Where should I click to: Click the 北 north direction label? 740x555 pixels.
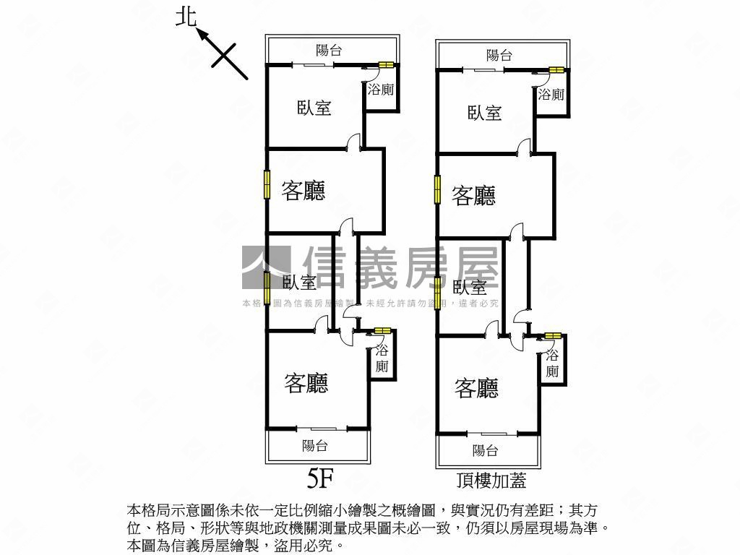click(x=186, y=17)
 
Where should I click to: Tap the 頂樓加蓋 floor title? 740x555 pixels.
click(x=491, y=480)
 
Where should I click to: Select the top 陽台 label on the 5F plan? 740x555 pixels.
click(x=329, y=50)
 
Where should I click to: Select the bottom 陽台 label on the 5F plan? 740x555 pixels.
click(x=315, y=446)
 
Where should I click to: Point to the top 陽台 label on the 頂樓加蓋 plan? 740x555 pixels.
click(x=499, y=55)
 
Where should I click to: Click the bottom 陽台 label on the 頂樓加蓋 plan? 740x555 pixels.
click(x=485, y=451)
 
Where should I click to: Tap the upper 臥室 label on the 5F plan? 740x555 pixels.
click(x=314, y=108)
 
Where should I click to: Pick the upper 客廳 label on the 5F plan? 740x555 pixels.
click(x=303, y=191)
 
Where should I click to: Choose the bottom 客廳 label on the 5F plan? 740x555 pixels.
click(x=306, y=383)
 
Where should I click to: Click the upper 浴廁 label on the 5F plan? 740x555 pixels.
click(x=381, y=90)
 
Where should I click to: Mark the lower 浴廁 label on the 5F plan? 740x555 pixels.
click(x=382, y=358)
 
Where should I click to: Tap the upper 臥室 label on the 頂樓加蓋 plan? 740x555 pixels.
click(x=485, y=113)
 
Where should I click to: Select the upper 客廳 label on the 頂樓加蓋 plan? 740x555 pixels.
click(x=473, y=195)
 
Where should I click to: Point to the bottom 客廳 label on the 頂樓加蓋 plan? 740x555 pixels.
click(x=476, y=389)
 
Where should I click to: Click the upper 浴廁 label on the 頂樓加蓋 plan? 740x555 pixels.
click(x=551, y=95)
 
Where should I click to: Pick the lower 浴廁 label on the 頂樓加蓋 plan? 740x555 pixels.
click(x=552, y=363)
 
